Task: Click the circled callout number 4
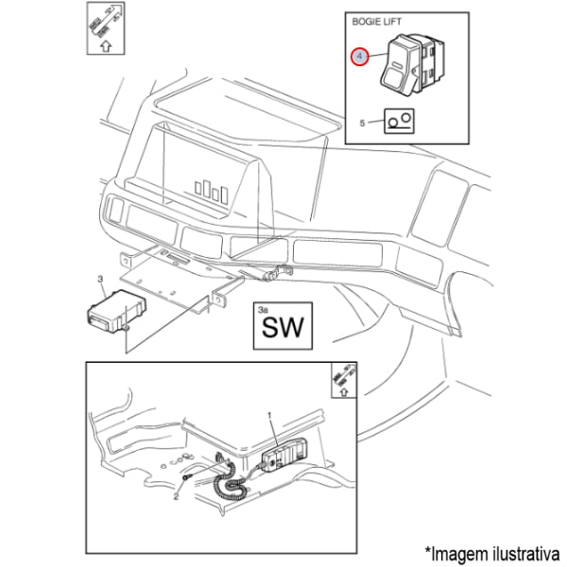pos(360,58)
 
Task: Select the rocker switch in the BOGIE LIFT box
pos(412,69)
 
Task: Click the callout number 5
pos(362,122)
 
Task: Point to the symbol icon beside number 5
pos(398,121)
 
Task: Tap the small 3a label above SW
pos(264,308)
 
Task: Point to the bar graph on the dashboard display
pos(212,189)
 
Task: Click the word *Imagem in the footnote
pos(449,550)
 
